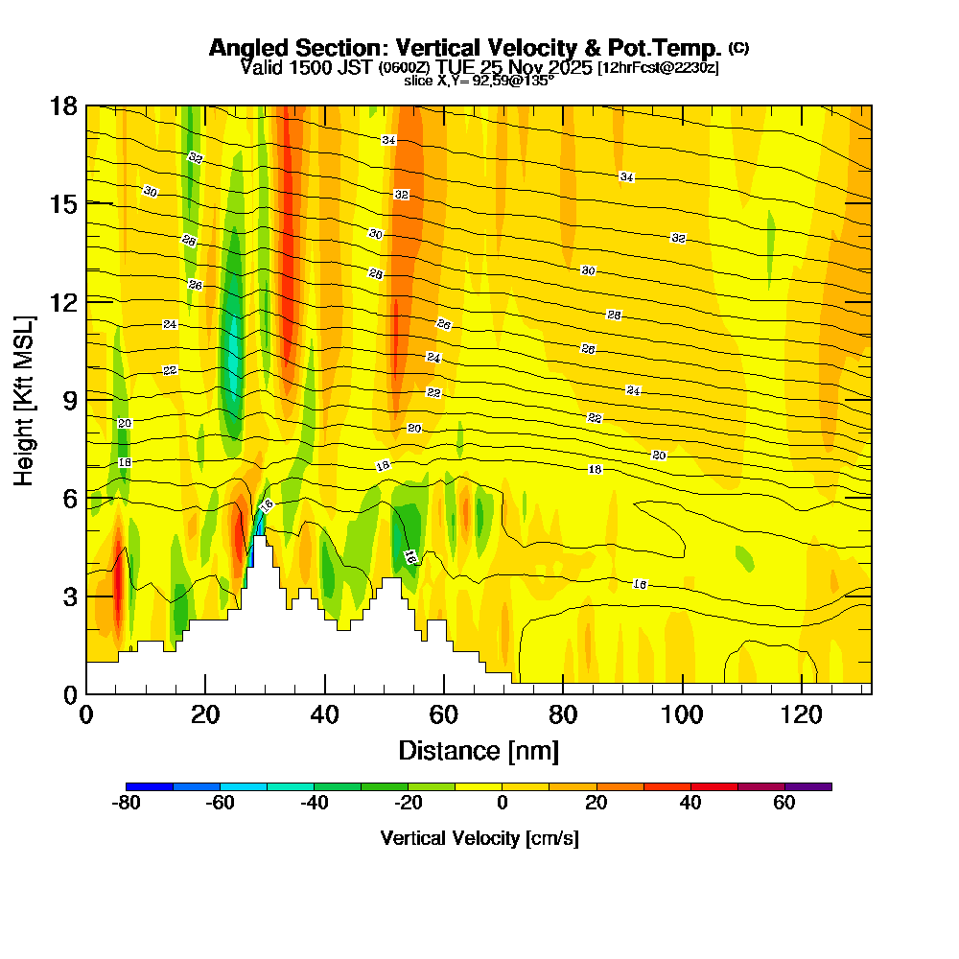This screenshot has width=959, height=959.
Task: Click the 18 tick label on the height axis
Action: [x=63, y=105]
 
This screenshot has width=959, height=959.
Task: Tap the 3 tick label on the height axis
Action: [x=70, y=596]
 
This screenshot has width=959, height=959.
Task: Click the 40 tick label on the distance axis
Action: [x=325, y=714]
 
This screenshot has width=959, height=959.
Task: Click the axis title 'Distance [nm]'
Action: [x=479, y=750]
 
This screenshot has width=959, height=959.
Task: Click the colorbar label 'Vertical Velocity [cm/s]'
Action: [x=479, y=838]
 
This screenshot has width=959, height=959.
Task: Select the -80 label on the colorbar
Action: [x=127, y=804]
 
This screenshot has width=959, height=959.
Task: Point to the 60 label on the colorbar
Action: [x=784, y=804]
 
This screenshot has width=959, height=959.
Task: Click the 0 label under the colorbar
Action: [x=502, y=804]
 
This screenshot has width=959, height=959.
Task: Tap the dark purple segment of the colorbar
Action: [x=808, y=786]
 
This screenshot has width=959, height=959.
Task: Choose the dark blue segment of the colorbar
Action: [x=150, y=786]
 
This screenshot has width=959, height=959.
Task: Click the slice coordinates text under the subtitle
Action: [x=479, y=82]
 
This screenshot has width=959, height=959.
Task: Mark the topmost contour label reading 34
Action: [x=388, y=140]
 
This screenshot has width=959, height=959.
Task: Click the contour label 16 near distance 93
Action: [x=640, y=584]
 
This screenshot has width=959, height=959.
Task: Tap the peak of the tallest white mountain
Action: [x=259, y=537]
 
